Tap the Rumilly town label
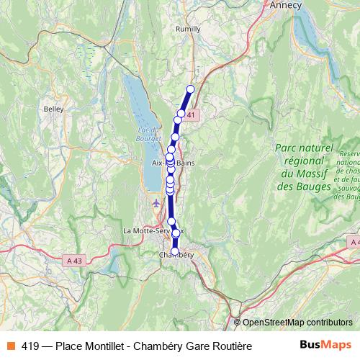tap(189, 30)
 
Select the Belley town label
tap(54, 109)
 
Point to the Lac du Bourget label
tap(147, 134)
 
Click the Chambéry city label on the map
tap(176, 254)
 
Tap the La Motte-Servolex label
tap(153, 230)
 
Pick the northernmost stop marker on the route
tap(191, 89)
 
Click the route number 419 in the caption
tap(30, 346)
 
